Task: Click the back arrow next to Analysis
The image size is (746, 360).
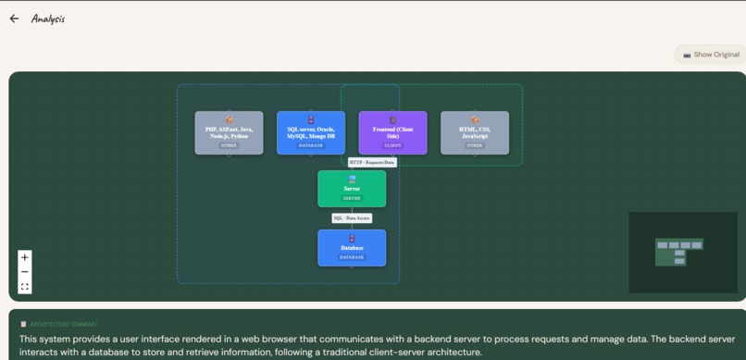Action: click(x=14, y=19)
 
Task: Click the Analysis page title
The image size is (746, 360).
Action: click(x=48, y=19)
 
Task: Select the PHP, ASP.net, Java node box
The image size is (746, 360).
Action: click(x=229, y=132)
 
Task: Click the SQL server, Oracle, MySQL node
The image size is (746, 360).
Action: click(x=311, y=132)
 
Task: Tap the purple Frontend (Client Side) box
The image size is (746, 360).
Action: click(x=392, y=132)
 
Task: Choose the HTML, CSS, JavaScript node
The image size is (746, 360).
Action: click(x=475, y=132)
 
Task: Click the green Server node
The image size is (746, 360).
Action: click(x=352, y=189)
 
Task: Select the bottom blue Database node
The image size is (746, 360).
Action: click(x=352, y=247)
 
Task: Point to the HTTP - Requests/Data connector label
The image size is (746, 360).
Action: click(x=372, y=162)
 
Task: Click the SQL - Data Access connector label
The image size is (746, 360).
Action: click(x=352, y=218)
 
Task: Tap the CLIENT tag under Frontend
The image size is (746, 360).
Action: click(x=392, y=145)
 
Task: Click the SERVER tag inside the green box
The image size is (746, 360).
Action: click(x=352, y=198)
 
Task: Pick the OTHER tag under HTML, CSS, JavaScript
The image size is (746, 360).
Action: click(x=475, y=145)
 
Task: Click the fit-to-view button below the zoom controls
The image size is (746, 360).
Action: click(x=25, y=287)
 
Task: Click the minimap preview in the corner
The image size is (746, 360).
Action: click(x=683, y=252)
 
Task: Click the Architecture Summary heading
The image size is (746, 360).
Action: click(x=63, y=324)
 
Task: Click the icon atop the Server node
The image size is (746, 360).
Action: click(x=352, y=179)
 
